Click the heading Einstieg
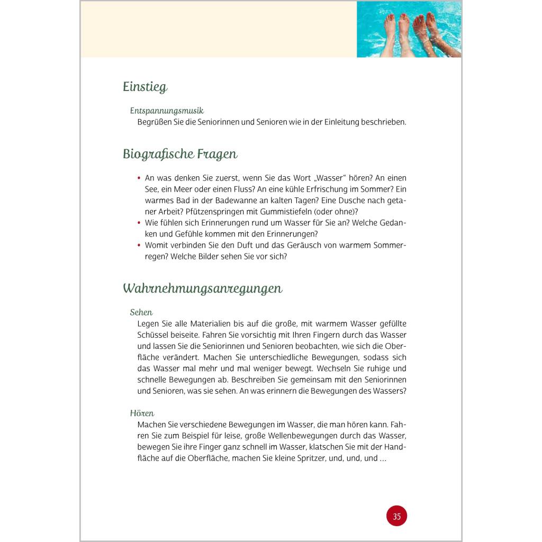point(145,87)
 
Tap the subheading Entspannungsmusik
point(167,111)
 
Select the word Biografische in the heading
point(154,155)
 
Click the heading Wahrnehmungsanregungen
point(202,288)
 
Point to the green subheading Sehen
point(141,312)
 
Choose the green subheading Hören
point(142,413)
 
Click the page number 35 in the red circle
point(396,516)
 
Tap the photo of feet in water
point(409,29)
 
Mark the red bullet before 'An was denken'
point(139,178)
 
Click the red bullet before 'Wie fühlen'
point(139,223)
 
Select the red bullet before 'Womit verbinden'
point(139,245)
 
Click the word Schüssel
point(152,335)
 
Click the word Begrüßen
point(156,122)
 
